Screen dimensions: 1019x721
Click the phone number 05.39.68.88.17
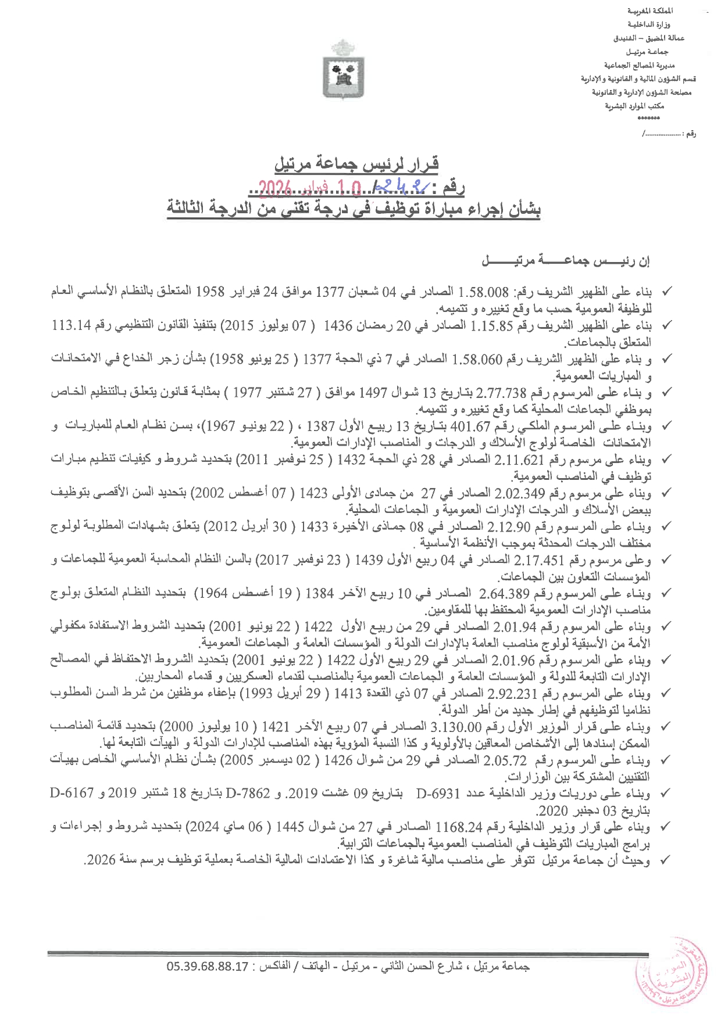point(208,967)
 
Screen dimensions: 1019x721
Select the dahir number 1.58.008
point(484,292)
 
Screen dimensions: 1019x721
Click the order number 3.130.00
point(456,727)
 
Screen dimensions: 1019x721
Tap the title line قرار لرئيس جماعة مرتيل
point(356,164)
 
